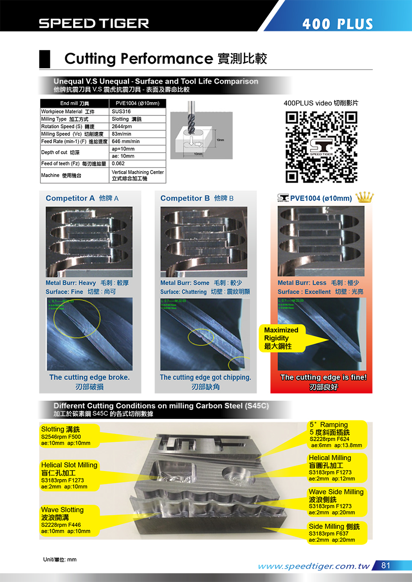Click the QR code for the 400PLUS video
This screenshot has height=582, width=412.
[321, 146]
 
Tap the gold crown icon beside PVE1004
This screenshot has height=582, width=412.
[365, 197]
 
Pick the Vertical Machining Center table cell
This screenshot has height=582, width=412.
[137, 175]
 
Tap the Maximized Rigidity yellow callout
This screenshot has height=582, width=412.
[282, 338]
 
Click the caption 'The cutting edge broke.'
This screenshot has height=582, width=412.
[90, 378]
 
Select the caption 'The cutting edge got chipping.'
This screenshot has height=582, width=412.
[205, 378]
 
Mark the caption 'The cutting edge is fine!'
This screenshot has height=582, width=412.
[323, 378]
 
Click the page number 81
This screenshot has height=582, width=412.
[386, 566]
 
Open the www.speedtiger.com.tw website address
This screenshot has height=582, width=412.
[314, 566]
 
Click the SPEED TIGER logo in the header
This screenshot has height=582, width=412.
[94, 23]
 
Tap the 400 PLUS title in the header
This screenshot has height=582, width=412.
[337, 24]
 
